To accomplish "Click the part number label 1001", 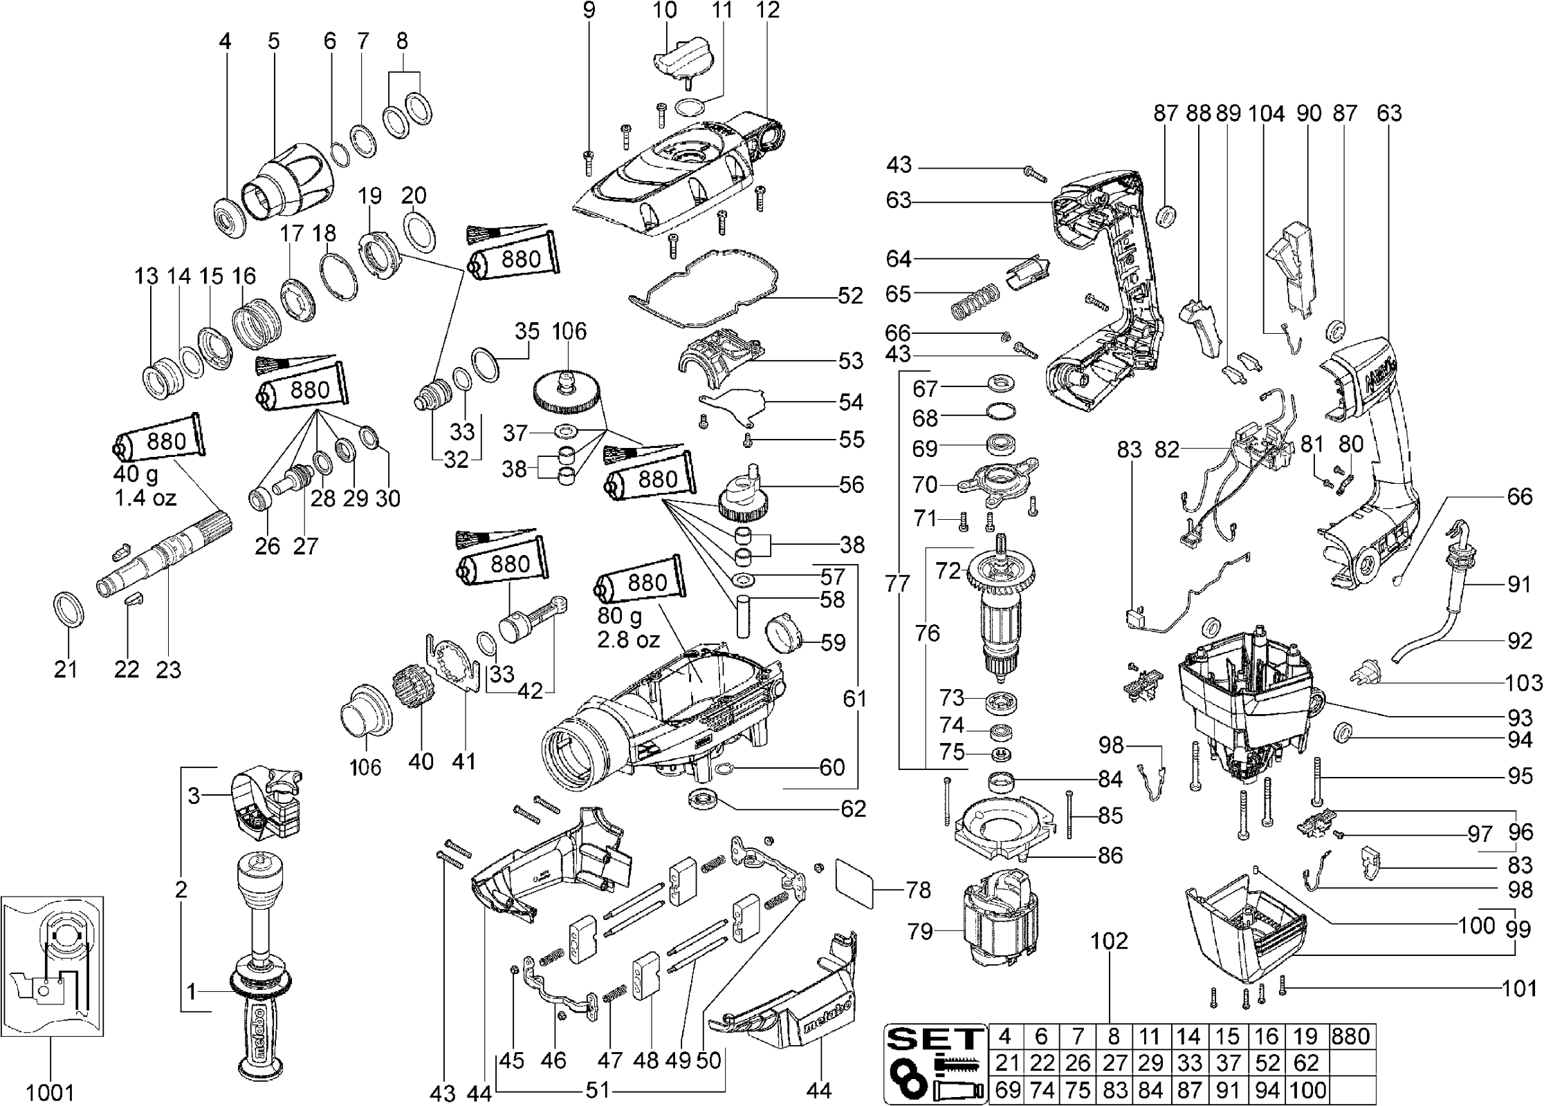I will click(50, 1092).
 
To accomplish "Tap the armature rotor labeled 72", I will click(1000, 608).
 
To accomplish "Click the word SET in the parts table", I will click(936, 1038).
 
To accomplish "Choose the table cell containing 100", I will click(1307, 1090).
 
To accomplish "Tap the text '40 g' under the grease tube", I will click(136, 475).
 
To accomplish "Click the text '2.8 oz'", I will click(629, 639).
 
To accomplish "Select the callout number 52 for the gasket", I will click(849, 296).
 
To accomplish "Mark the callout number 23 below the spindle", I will click(168, 669).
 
